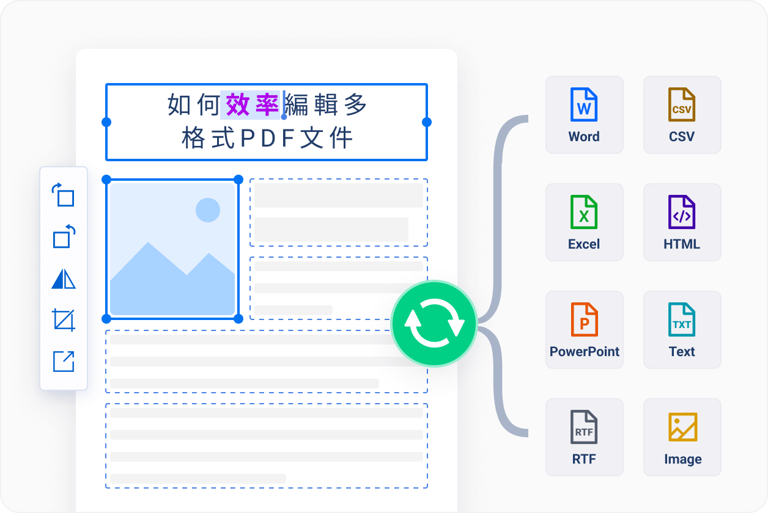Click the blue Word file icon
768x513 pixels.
(584, 104)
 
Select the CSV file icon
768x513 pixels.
(682, 104)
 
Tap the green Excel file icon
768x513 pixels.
(584, 212)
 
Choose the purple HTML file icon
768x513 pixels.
(682, 212)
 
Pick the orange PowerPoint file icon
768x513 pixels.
(584, 319)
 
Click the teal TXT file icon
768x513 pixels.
(682, 319)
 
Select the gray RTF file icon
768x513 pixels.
(584, 427)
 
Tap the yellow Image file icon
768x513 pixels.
(682, 427)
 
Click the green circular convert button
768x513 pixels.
(434, 324)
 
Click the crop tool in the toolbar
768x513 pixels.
(64, 320)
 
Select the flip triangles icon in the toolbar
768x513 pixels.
(64, 278)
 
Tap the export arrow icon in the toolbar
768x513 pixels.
(64, 362)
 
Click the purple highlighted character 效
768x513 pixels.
(238, 105)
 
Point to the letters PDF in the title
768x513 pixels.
(267, 138)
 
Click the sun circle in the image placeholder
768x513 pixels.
(208, 210)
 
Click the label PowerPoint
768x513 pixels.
(584, 351)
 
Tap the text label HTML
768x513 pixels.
(682, 244)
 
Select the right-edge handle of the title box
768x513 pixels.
(427, 122)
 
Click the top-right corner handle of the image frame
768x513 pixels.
(238, 180)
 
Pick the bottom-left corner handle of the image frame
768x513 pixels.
(106, 319)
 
